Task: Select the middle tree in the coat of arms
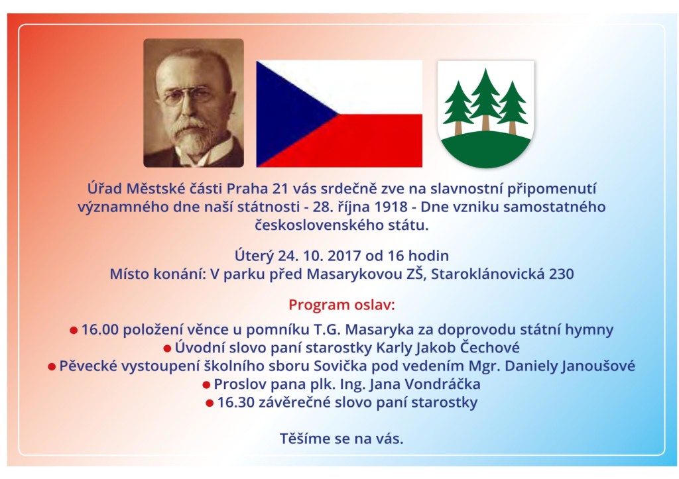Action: [x=485, y=99]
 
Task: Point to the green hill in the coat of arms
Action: [x=486, y=149]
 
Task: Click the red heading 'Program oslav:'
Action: [x=341, y=305]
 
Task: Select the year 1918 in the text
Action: [x=391, y=207]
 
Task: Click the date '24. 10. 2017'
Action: [x=320, y=255]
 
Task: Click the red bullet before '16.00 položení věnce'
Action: [x=74, y=330]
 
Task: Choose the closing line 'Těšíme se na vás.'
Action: [x=341, y=439]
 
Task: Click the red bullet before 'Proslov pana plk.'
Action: [x=206, y=385]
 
